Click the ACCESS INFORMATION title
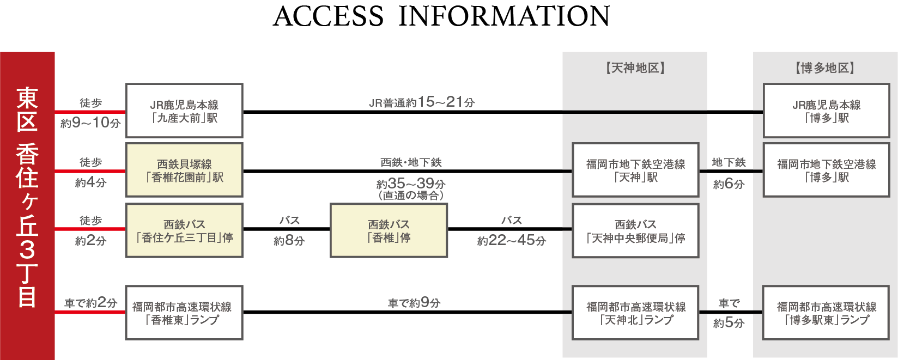[441, 16]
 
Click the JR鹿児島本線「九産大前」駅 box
[184, 111]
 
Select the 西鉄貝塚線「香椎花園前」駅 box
[184, 170]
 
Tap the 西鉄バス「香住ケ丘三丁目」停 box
[184, 230]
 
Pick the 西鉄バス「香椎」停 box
[389, 230]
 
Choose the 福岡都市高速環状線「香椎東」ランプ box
[184, 313]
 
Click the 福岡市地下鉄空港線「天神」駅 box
[635, 170]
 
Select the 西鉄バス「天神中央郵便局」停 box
[635, 230]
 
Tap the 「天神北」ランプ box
[635, 313]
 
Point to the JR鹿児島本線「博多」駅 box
[826, 111]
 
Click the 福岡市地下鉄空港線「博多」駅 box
[826, 170]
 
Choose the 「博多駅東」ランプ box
[826, 313]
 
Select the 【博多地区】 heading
[825, 68]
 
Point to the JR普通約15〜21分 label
[422, 102]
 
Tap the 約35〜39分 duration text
[411, 184]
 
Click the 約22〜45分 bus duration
[512, 241]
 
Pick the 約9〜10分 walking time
[90, 123]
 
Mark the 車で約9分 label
[414, 303]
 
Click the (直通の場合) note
[411, 196]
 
